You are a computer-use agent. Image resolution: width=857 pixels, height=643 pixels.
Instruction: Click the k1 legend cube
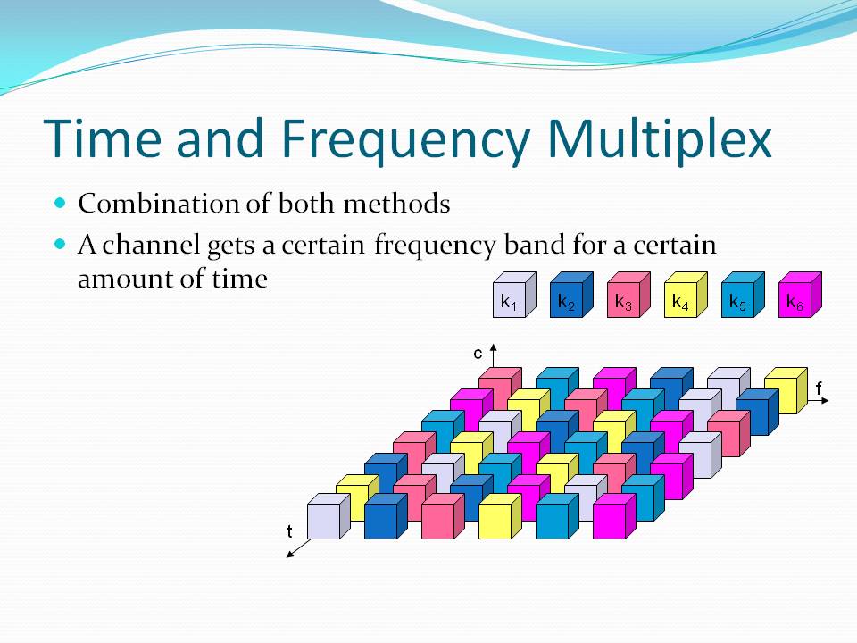(x=514, y=295)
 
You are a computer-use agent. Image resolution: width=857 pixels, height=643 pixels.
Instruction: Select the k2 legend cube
(x=571, y=295)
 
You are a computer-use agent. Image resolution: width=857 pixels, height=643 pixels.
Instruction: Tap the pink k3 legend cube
(x=628, y=295)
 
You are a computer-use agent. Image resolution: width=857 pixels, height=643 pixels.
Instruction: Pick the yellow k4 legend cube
(x=686, y=295)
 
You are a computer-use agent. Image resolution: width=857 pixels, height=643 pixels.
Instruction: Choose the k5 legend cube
(x=743, y=295)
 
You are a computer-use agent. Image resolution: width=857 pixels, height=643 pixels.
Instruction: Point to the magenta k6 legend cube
(x=800, y=295)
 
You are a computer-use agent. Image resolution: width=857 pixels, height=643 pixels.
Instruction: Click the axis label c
(x=478, y=355)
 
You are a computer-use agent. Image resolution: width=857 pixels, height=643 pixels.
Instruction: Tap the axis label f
(x=819, y=388)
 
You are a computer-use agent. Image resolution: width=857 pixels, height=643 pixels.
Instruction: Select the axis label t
(x=289, y=531)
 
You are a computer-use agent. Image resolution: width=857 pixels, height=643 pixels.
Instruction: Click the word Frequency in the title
(x=406, y=139)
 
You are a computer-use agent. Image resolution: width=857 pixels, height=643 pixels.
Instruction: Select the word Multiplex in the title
(x=660, y=139)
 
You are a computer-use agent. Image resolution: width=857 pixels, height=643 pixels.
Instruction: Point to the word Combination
(x=159, y=204)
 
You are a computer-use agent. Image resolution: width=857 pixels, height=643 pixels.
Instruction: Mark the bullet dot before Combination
(x=60, y=204)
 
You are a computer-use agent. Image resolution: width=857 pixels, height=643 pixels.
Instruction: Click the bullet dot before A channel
(x=60, y=244)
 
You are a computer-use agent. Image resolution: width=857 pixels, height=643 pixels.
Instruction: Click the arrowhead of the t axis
(x=290, y=555)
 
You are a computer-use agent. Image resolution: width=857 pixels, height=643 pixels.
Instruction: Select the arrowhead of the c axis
(x=494, y=347)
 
